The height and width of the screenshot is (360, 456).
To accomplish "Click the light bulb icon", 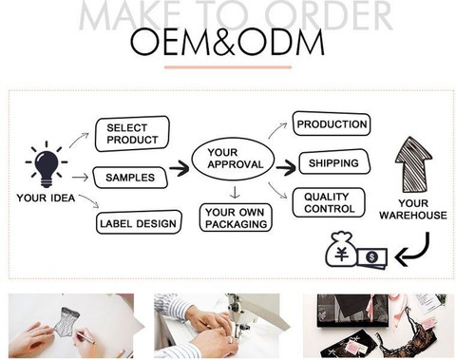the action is [x=47, y=165].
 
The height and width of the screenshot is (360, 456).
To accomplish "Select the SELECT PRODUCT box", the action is [x=132, y=134].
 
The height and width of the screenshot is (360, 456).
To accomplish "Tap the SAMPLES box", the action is [x=130, y=178].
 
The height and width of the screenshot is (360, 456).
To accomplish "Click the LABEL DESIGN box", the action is [x=139, y=223].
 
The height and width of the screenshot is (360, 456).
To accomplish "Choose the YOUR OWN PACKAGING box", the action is [x=236, y=218].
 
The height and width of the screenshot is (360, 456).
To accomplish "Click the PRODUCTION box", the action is [x=332, y=123].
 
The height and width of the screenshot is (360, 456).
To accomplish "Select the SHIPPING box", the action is [x=334, y=162].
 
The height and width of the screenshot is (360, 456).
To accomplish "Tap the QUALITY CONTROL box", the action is [x=329, y=202].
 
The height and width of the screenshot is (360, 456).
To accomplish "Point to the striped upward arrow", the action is [x=413, y=164].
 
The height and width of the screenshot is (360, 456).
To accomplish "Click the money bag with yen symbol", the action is [x=341, y=250].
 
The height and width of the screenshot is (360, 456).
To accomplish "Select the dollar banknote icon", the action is [x=372, y=257].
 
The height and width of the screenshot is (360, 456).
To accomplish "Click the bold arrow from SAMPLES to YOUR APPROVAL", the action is [x=180, y=168].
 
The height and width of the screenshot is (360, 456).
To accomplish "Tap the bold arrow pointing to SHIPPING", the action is [x=286, y=167].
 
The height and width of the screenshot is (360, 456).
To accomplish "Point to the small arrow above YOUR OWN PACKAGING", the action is [x=235, y=193].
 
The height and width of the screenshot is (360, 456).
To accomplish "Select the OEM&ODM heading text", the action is [x=227, y=42].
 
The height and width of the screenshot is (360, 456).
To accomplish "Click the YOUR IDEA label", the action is [x=46, y=199].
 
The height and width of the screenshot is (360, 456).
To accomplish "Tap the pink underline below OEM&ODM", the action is [x=228, y=67].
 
